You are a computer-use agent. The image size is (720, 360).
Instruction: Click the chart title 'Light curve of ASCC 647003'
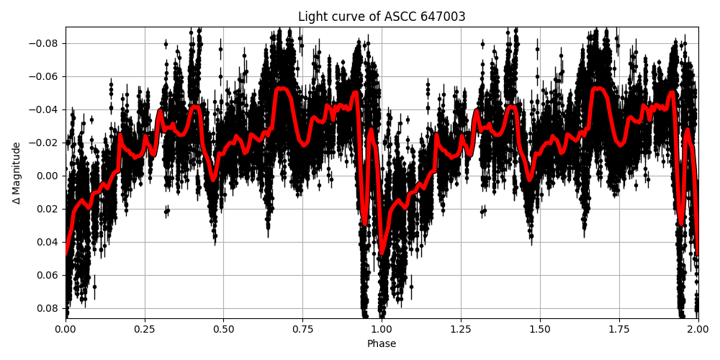(382, 17)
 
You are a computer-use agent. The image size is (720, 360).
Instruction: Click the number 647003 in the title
(442, 17)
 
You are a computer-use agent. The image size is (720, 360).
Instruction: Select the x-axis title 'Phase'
(382, 344)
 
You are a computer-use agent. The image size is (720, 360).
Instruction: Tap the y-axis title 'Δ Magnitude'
(16, 173)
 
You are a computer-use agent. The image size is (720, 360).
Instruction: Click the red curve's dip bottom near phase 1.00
(382, 253)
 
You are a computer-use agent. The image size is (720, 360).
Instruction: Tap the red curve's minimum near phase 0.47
(213, 180)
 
